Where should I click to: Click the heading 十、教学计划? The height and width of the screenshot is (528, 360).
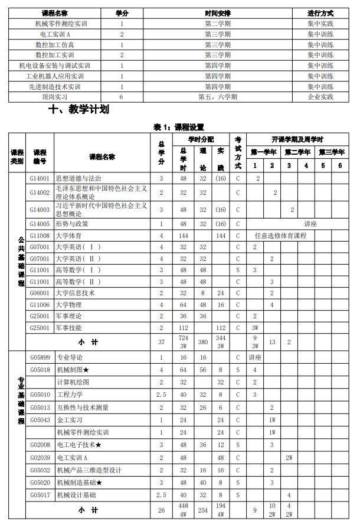[80, 109]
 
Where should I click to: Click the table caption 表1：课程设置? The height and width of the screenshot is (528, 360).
[179, 126]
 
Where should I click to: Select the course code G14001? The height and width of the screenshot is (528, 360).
[40, 178]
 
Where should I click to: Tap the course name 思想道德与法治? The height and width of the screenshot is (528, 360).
[78, 178]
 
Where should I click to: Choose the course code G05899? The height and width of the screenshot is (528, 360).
[40, 358]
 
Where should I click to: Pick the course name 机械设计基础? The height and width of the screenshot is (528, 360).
[76, 495]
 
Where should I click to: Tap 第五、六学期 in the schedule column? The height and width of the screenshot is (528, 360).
[217, 97]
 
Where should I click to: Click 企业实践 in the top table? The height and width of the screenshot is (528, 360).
[320, 97]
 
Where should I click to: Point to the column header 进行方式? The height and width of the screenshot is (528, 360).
[320, 13]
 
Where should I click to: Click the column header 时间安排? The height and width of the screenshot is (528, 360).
[217, 13]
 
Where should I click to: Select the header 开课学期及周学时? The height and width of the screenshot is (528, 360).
[297, 140]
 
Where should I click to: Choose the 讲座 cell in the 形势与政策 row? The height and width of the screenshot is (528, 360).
[310, 224]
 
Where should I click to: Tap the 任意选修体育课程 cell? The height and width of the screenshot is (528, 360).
[280, 236]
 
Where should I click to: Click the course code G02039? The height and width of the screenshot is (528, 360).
[40, 458]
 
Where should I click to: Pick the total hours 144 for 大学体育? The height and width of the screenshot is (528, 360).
[183, 236]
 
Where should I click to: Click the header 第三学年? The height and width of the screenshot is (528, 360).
[331, 152]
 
